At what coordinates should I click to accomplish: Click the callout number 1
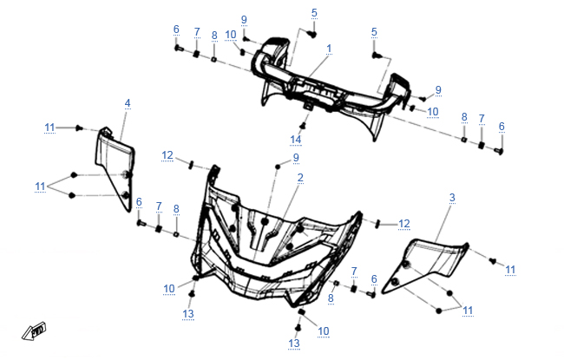pos(329,49)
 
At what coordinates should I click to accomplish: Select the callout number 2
pos(300,178)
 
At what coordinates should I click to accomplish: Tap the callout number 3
pos(452,198)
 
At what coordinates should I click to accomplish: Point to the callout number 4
pos(128,103)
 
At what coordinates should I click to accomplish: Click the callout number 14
pos(296,140)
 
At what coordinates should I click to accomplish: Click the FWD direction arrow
pos(34,331)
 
